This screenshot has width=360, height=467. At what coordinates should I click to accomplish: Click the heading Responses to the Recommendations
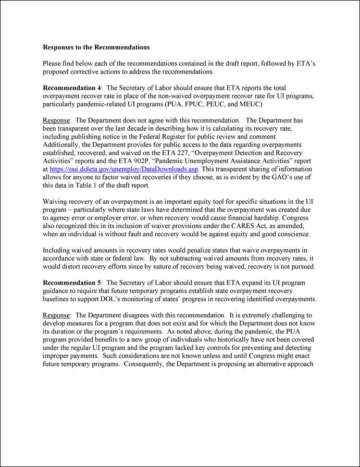(96, 47)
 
